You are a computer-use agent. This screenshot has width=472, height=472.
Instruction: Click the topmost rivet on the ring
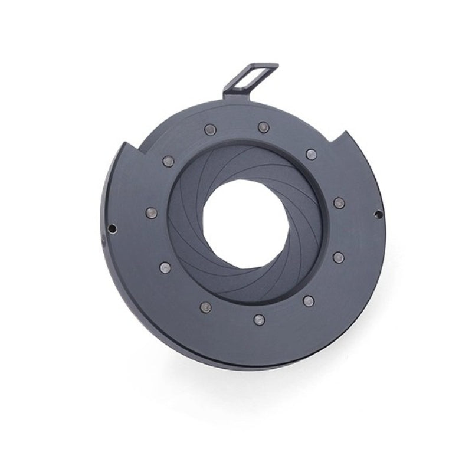point(262,126)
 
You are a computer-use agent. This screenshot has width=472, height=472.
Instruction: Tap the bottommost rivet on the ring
point(258,319)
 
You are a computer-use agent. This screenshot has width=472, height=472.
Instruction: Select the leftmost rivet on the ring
point(151,213)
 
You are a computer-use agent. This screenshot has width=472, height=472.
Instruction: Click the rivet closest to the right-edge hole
point(338,203)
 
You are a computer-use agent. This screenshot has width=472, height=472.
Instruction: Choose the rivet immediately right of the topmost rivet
point(310,155)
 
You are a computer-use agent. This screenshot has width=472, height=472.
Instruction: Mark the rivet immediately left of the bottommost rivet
point(206,307)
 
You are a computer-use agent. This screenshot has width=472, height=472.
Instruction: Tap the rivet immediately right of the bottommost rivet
point(307,300)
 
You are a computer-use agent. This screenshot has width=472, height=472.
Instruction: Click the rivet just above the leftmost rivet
point(168,160)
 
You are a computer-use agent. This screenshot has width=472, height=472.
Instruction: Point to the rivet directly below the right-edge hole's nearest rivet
point(338,257)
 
